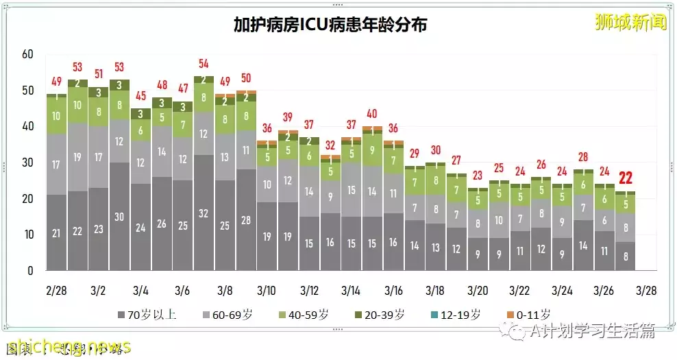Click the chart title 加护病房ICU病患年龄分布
point(330,25)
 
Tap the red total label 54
point(204,64)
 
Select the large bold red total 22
point(626,178)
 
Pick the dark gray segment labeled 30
point(120,216)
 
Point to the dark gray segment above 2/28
point(57,232)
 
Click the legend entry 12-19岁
point(456,315)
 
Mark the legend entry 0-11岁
point(528,315)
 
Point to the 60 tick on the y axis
point(27,55)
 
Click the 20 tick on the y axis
point(27,199)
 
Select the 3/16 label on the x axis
point(393,290)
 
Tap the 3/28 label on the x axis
point(645,290)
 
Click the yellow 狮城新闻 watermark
point(630,22)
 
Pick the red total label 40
point(371,114)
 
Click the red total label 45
point(141,96)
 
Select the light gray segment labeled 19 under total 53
point(78,157)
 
